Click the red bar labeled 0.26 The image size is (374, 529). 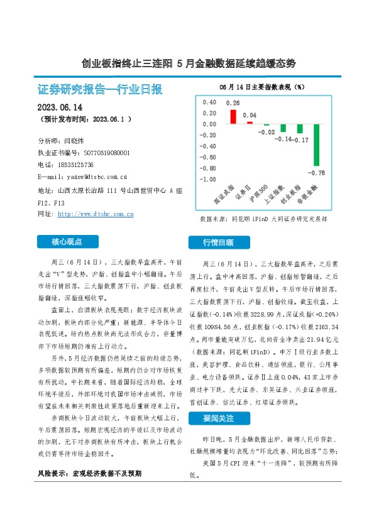pos(233,117)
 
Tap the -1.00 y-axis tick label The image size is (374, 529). pos(207,180)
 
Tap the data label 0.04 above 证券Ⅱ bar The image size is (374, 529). pos(250,116)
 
